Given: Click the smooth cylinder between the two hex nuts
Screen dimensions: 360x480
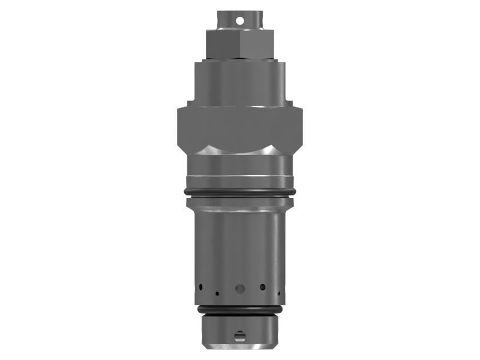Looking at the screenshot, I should (x=240, y=81).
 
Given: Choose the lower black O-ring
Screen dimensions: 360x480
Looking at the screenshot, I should (x=240, y=310).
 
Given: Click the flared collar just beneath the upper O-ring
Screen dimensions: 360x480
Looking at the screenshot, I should (x=240, y=204).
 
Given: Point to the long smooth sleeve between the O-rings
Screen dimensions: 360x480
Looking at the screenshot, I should (x=240, y=246).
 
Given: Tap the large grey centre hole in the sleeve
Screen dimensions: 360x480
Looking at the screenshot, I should (x=240, y=289).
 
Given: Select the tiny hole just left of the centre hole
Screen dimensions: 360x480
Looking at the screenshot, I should (x=217, y=294).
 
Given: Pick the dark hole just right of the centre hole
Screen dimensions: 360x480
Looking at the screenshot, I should (x=262, y=287).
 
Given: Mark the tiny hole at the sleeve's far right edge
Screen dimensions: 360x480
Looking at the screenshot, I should (x=278, y=293).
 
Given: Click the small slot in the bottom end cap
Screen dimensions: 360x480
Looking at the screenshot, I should (x=240, y=335).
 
